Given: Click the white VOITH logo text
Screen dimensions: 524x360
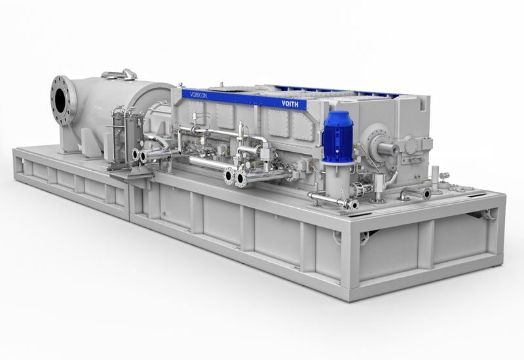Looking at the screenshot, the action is tap(290, 103).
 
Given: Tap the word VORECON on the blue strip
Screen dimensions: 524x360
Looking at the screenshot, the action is tap(199, 95).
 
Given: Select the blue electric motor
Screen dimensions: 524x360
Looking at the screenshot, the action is tap(337, 136).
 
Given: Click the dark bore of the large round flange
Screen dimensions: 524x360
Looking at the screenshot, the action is tap(60, 96).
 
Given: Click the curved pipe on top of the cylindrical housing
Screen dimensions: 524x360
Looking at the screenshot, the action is tap(121, 74).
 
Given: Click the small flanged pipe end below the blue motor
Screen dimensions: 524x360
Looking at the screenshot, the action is tap(352, 204).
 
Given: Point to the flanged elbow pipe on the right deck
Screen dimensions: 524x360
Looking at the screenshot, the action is tap(415, 192).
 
